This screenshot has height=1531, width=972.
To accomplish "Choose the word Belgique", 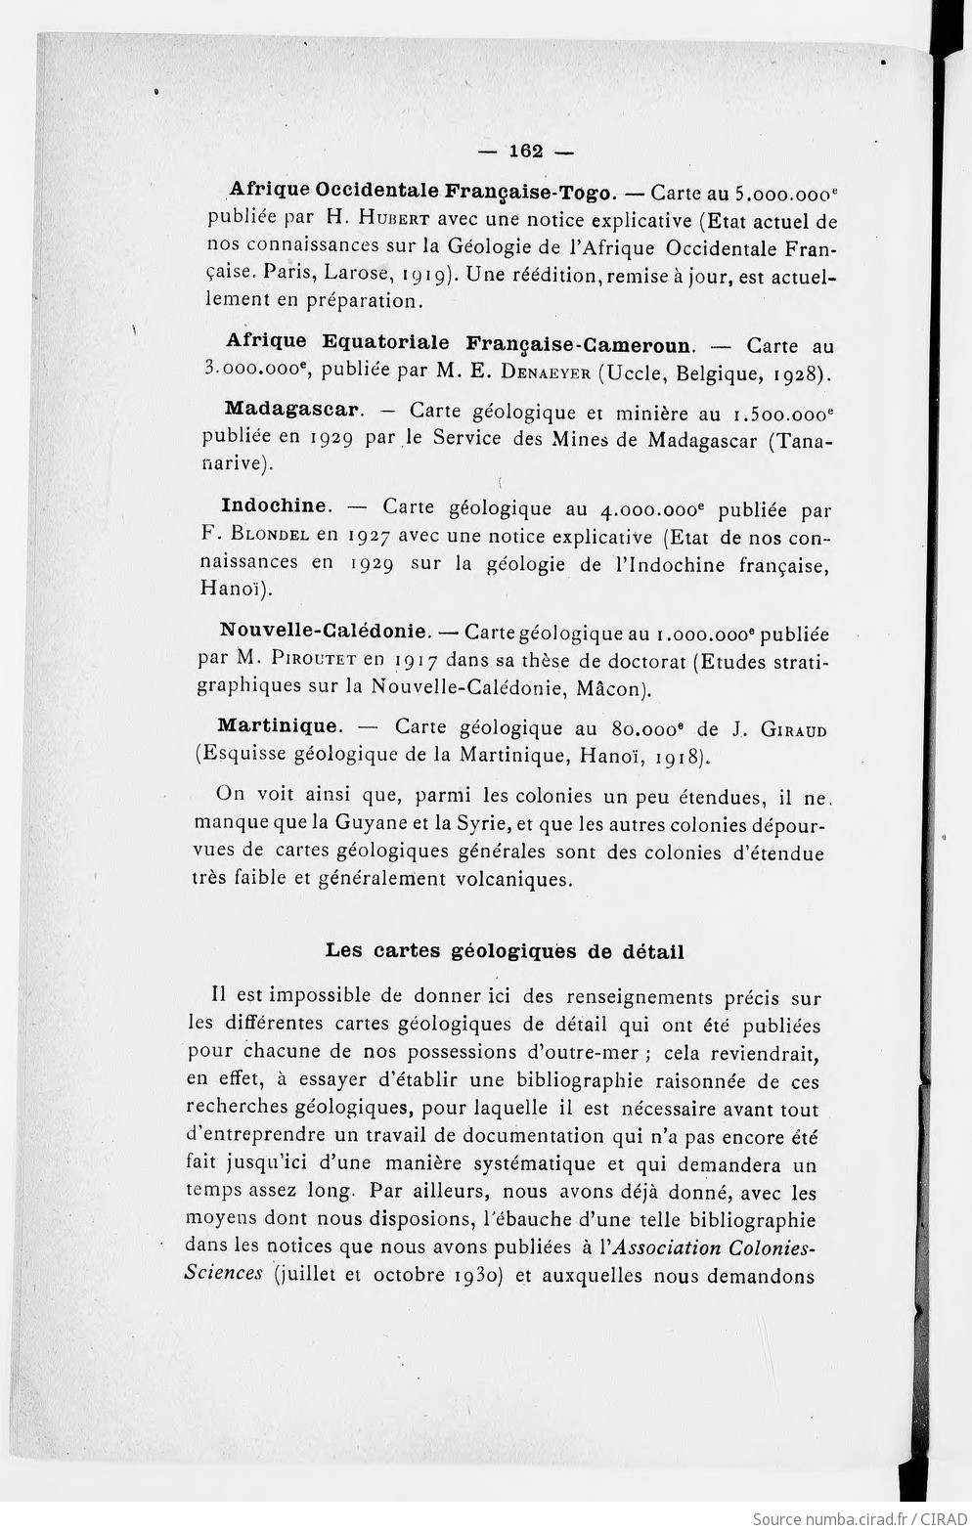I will pos(708,372).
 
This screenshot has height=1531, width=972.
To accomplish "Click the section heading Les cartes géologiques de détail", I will pos(505,950).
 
